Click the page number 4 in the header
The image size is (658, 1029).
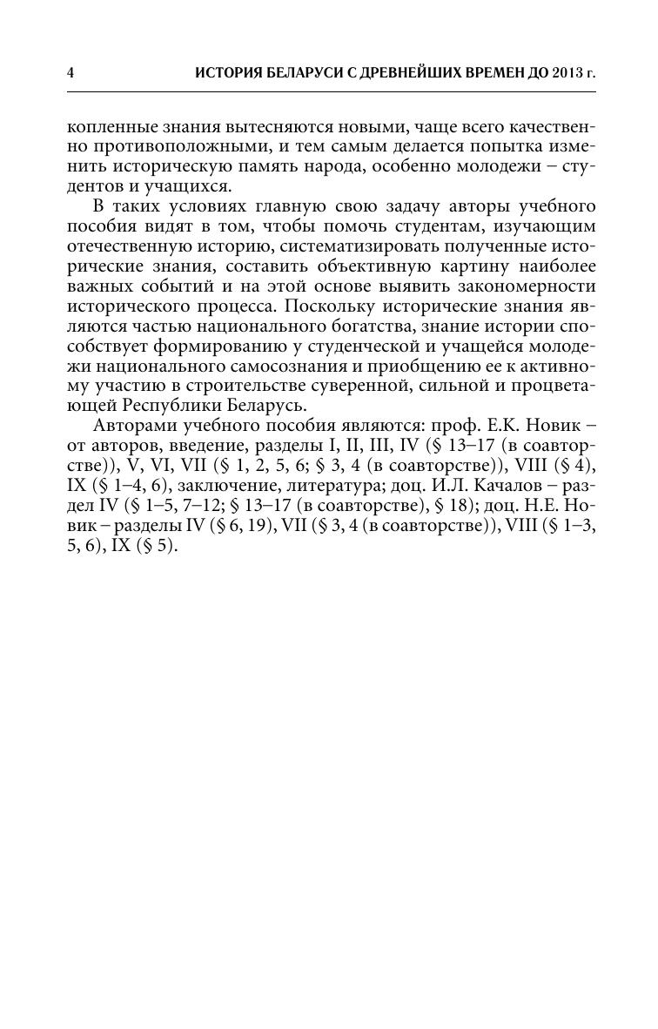70,73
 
